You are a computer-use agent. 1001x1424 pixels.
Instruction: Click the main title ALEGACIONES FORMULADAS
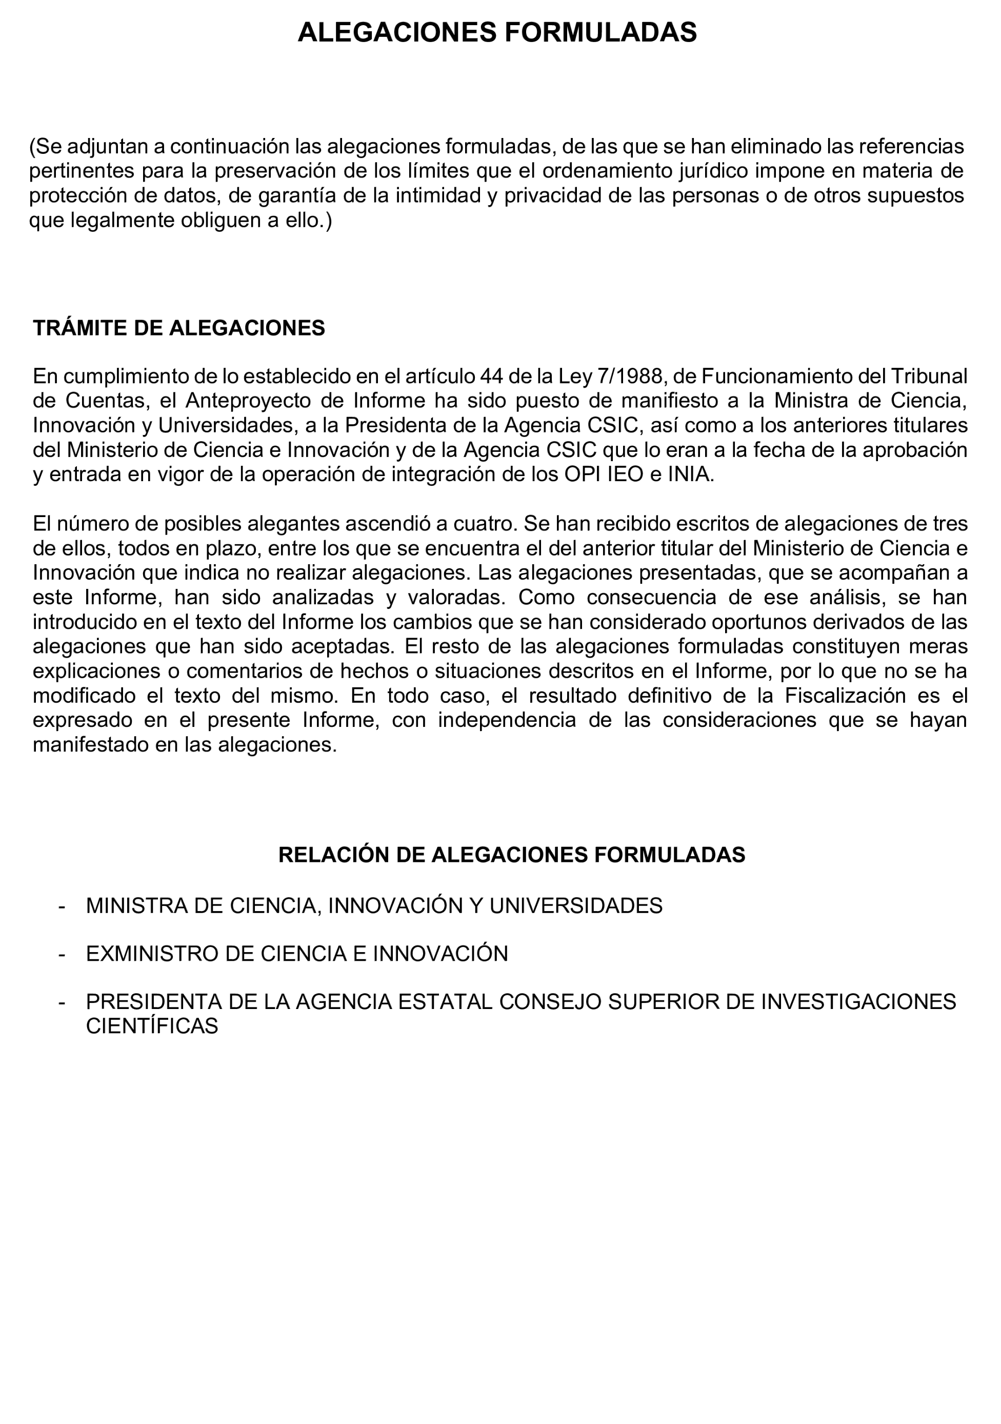pos(497,32)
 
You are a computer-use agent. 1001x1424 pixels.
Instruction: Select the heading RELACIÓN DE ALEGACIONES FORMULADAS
pos(511,855)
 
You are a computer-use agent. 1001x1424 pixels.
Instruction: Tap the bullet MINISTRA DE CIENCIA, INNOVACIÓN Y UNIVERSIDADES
pos(374,906)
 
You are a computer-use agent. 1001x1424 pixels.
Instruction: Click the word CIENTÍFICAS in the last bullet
pos(152,1026)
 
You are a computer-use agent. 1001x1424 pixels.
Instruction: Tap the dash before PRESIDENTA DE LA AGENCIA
pos(62,1002)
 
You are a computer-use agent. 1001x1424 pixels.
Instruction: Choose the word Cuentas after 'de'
pos(104,401)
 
